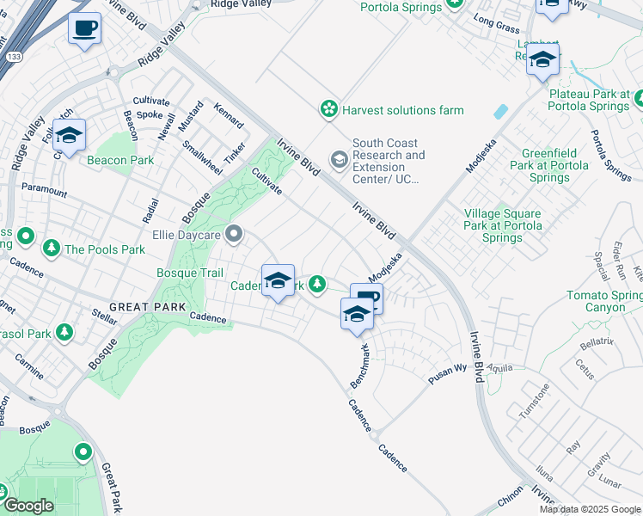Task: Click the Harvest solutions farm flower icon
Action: point(328,109)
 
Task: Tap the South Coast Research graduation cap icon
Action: point(340,159)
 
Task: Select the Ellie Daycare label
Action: point(187,234)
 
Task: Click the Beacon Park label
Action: point(119,160)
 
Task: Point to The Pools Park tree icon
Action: point(52,249)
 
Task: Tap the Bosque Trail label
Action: point(189,273)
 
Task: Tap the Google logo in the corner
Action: point(28,506)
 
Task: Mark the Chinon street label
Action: point(511,501)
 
